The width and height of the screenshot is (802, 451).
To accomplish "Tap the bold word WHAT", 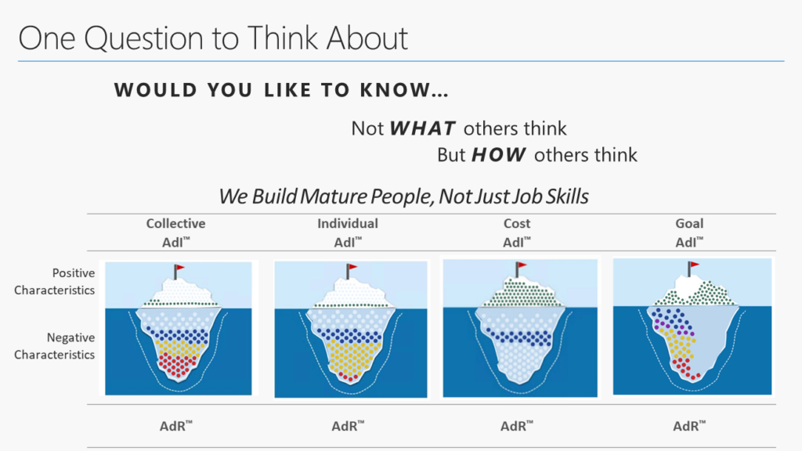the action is tap(422, 128).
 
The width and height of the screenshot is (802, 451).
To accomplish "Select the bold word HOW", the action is tap(499, 155).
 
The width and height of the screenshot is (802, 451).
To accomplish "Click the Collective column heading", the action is tap(175, 223).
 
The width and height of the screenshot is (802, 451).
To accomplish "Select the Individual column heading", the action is tap(348, 223).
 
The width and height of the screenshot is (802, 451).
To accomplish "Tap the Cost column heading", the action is tap(517, 223).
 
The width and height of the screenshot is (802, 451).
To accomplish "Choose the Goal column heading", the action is tap(689, 223).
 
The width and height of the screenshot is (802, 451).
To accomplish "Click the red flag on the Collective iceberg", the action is tap(179, 268).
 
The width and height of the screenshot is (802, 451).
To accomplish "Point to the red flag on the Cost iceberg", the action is tap(521, 265).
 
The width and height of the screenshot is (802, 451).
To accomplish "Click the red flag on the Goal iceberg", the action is tap(694, 265).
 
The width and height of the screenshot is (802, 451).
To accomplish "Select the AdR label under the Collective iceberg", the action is tap(176, 426).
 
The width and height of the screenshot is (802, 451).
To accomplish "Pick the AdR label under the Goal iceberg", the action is tap(689, 426).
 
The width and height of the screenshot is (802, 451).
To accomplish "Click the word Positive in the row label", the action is tap(74, 273).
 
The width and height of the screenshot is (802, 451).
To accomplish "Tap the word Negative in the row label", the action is tap(70, 337).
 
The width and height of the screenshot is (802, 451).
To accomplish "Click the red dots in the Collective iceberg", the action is tap(178, 365).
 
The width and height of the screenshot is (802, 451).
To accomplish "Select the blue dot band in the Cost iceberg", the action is tap(518, 337).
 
